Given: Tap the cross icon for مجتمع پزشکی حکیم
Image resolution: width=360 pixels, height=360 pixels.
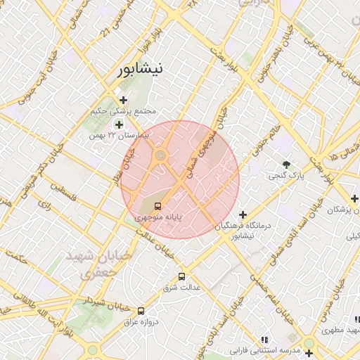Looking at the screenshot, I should pos(124,100).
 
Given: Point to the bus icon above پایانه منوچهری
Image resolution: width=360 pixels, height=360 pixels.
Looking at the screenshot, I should pos(157,207).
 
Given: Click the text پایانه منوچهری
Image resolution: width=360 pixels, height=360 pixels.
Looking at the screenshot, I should pos(158,218).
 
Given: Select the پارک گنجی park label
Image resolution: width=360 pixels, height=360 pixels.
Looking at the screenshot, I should pos(285,175).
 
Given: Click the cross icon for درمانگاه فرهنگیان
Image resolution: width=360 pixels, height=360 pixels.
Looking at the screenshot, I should pos(243,214).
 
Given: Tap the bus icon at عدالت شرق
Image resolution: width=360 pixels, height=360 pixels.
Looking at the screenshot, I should pos(182,276).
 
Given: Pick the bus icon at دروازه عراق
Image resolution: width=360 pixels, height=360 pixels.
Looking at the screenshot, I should pos(141,310).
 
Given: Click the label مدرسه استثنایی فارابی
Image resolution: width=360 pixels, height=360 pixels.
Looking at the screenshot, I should pos(264,349).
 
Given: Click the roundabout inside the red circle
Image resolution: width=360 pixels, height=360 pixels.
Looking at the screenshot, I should pos(160,155).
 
